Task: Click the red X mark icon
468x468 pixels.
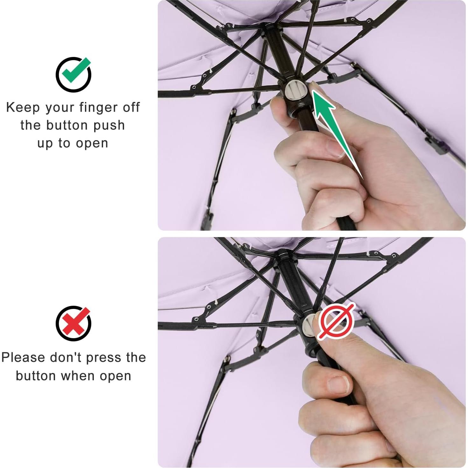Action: (x=73, y=323)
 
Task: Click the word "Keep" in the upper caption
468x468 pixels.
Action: (x=23, y=108)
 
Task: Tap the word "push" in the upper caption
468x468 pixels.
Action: (x=108, y=125)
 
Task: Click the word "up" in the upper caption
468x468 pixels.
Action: (x=45, y=143)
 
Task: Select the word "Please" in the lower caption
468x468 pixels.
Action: (x=23, y=358)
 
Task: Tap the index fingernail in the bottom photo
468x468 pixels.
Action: (x=338, y=385)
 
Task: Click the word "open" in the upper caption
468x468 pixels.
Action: (x=92, y=144)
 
